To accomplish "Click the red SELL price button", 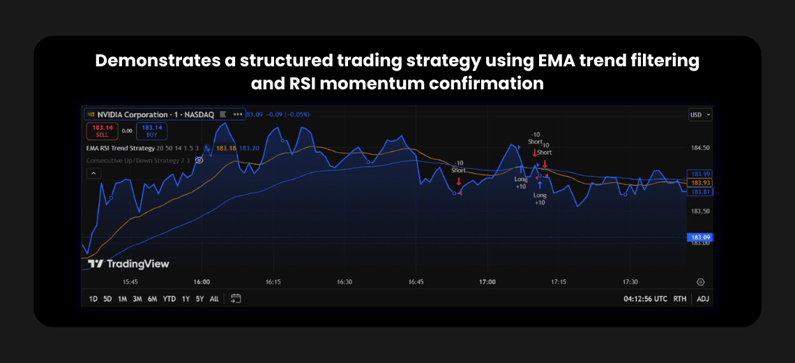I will pyautogui.click(x=103, y=131).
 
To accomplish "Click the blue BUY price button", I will pyautogui.click(x=151, y=131).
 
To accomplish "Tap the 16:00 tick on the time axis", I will pyautogui.click(x=202, y=282).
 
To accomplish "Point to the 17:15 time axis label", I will pyautogui.click(x=559, y=282).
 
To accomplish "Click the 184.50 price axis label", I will pyautogui.click(x=699, y=148).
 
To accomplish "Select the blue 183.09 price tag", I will pyautogui.click(x=699, y=237).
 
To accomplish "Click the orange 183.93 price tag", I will pyautogui.click(x=699, y=182).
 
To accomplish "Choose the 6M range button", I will pyautogui.click(x=152, y=299).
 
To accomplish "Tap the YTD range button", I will pyautogui.click(x=169, y=299).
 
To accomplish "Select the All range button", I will pyautogui.click(x=214, y=299).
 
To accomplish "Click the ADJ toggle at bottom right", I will pyautogui.click(x=702, y=299).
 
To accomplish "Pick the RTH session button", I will pyautogui.click(x=679, y=299).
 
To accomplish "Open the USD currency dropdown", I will pyautogui.click(x=699, y=114).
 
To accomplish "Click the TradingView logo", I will pyautogui.click(x=128, y=264).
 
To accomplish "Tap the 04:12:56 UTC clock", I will pyautogui.click(x=645, y=299).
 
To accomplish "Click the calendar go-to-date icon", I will pyautogui.click(x=236, y=299).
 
